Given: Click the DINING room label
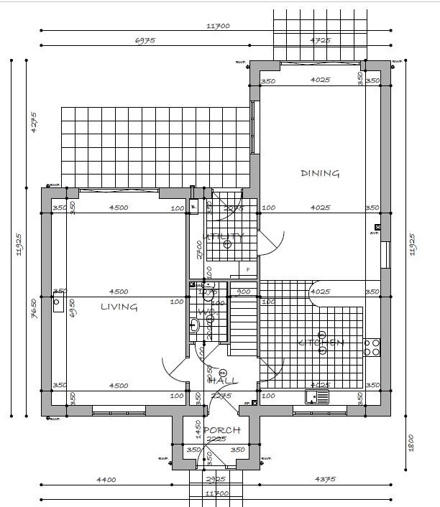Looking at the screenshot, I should [320, 173].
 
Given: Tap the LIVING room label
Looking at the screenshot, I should [119, 307].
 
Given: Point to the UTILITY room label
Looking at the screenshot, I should [224, 236].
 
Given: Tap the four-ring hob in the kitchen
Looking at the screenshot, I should [372, 348].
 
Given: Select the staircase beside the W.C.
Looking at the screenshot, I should [244, 326].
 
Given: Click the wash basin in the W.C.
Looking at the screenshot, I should [194, 326].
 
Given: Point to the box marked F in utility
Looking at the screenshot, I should [248, 270].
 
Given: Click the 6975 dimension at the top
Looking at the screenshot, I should [145, 41].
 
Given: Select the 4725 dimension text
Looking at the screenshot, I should [320, 41].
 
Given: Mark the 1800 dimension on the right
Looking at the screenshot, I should [411, 439].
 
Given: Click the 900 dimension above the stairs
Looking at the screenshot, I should [244, 292].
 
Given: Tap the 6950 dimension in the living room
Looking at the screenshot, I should [72, 308].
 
